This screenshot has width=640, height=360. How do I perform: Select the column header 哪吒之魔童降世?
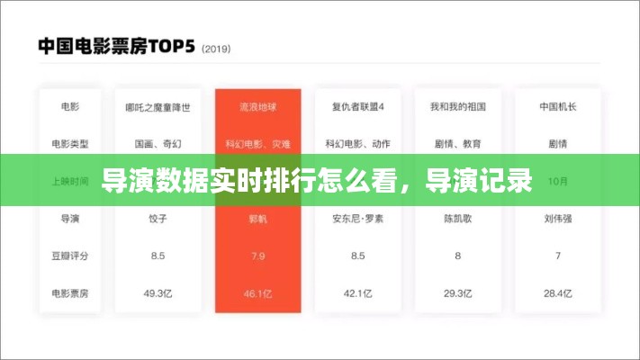[x=158, y=107]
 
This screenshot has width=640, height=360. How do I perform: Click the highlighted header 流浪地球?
[x=257, y=107]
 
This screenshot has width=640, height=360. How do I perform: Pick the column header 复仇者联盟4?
[x=357, y=107]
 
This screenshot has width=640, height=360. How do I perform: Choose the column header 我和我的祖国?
[x=457, y=107]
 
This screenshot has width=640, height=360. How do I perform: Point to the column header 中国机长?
[x=557, y=107]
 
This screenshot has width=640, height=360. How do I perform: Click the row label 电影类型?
[x=69, y=143]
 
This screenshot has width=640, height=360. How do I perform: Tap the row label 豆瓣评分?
[x=69, y=256]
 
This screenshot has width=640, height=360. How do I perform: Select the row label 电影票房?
[x=69, y=292]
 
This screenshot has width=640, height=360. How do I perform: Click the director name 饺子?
[x=158, y=219]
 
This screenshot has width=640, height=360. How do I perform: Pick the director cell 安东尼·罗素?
[x=357, y=219]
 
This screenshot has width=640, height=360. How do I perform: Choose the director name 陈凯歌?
[x=457, y=219]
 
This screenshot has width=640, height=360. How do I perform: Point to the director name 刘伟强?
[x=557, y=219]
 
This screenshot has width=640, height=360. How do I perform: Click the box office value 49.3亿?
[x=158, y=292]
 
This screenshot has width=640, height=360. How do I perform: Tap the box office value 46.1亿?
[x=257, y=292]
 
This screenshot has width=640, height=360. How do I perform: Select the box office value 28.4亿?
[x=557, y=292]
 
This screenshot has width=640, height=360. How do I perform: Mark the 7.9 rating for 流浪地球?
[x=257, y=256]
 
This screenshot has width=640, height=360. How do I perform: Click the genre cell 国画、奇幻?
[x=158, y=143]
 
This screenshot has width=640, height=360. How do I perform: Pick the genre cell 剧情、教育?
[x=457, y=143]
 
